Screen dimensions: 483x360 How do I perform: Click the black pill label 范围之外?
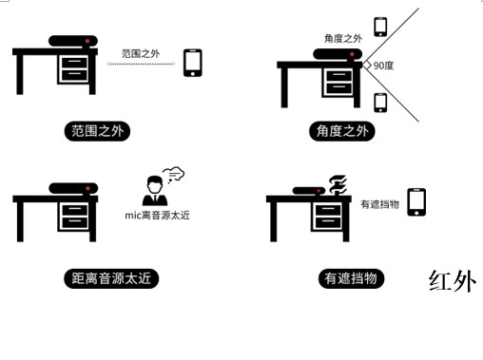(x=97, y=131)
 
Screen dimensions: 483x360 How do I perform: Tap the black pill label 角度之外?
(x=342, y=131)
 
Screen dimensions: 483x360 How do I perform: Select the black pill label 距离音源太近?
(x=111, y=278)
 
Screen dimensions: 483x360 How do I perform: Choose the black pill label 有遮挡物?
(x=351, y=278)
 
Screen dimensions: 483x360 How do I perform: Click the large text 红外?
(x=453, y=281)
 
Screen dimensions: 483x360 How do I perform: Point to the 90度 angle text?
(x=383, y=66)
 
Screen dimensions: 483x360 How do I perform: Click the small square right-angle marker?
(x=367, y=66)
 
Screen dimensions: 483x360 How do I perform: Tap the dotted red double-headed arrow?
(x=141, y=64)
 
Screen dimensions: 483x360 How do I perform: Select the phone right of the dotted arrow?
(x=193, y=63)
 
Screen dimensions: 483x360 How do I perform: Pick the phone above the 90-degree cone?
(x=380, y=27)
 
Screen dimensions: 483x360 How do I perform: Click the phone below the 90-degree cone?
(x=380, y=103)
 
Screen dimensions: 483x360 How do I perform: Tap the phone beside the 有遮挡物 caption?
(x=416, y=202)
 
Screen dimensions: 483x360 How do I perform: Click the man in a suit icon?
(x=155, y=191)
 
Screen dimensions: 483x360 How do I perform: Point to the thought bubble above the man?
(x=174, y=174)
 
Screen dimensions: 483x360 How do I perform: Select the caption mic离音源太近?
(x=157, y=216)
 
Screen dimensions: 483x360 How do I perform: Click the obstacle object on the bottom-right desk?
(x=338, y=184)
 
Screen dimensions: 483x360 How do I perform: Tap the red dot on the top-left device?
(x=87, y=41)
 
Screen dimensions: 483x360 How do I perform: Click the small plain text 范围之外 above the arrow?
(x=141, y=53)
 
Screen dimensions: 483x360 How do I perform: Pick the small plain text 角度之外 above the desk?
(x=343, y=38)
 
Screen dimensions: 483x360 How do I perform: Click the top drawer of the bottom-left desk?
(x=75, y=210)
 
